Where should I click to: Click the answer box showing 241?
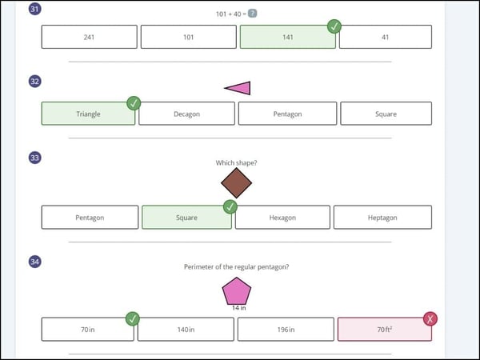[90, 37]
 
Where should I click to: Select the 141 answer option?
[288, 37]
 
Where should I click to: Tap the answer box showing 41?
[386, 37]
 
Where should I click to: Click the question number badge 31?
[35, 9]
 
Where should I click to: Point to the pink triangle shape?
[241, 88]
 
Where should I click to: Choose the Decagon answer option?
[186, 114]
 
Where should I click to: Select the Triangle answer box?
[88, 114]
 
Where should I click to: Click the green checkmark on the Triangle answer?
[134, 103]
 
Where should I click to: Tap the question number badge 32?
[35, 82]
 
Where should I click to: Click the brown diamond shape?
[236, 182]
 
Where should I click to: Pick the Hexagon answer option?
[282, 218]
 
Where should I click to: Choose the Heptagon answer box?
[382, 218]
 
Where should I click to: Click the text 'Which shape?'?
[236, 163]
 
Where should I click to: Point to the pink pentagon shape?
[237, 291]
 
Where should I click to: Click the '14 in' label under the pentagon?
[238, 308]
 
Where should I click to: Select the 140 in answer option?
[186, 330]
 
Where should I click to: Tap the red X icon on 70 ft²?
[430, 319]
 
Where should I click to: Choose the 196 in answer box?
[286, 330]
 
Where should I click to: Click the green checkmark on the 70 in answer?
[133, 319]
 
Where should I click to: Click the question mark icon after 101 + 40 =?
[252, 14]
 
